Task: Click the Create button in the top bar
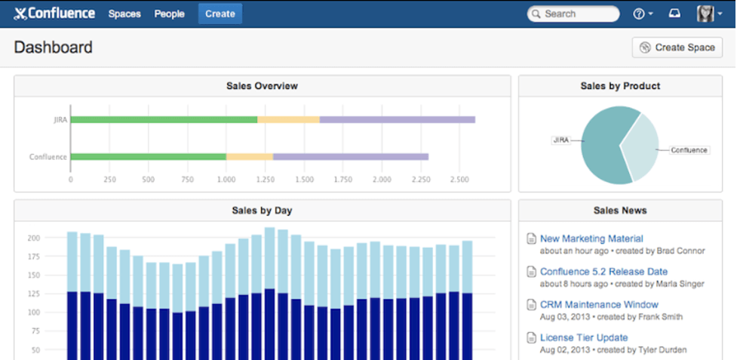[x=220, y=14]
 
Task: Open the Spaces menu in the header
[x=124, y=14]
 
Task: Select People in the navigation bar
[x=170, y=14]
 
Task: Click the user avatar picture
[x=705, y=14]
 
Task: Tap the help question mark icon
[x=639, y=14]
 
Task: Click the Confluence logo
[x=54, y=14]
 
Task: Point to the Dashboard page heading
[x=53, y=48]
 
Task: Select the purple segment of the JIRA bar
[x=397, y=119]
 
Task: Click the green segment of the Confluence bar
[x=148, y=157]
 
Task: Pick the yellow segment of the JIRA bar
[x=288, y=119]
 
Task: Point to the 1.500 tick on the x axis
[x=304, y=180]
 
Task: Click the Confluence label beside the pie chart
[x=689, y=150]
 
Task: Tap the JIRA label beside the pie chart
[x=560, y=140]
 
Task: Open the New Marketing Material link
[x=591, y=238]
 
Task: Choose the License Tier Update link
[x=584, y=337]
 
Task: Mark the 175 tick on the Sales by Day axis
[x=33, y=257]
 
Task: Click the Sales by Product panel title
[x=620, y=86]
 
